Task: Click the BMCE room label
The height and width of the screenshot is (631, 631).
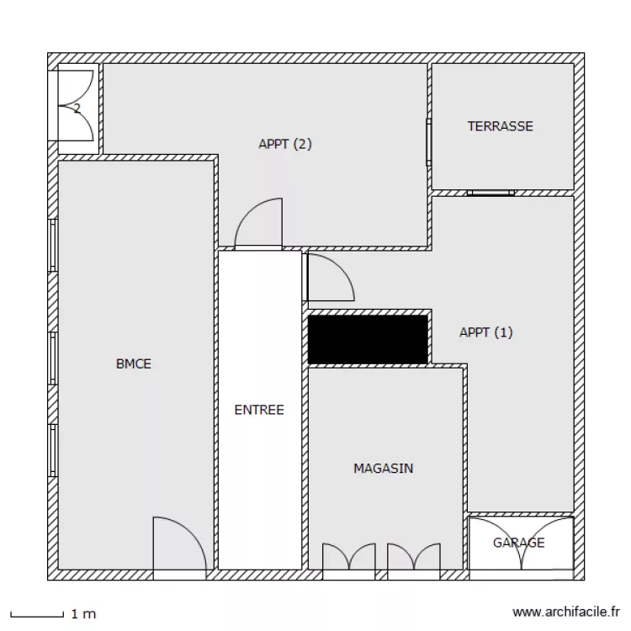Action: pos(134,363)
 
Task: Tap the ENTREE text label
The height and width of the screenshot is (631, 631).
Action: pos(259,410)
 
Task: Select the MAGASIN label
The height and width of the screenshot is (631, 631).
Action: pos(383,468)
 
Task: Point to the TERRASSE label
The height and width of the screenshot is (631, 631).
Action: pos(501,126)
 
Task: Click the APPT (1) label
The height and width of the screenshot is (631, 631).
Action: pos(486,332)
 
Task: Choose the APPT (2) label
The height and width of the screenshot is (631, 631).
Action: pos(285,144)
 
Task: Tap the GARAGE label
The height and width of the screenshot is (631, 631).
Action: pos(519,543)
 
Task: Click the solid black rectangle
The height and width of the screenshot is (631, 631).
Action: pos(368,339)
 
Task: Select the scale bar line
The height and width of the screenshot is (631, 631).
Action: pos(37,615)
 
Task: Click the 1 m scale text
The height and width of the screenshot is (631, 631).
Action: pos(83,613)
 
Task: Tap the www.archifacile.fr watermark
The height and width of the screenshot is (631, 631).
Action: pos(566,612)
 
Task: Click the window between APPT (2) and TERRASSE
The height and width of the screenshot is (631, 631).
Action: pos(429,142)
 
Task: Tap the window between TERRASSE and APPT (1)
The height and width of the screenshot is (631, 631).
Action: pos(490,193)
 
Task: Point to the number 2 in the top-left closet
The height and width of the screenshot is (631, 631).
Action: pos(77,109)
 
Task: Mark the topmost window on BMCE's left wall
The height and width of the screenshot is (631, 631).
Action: pos(52,246)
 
